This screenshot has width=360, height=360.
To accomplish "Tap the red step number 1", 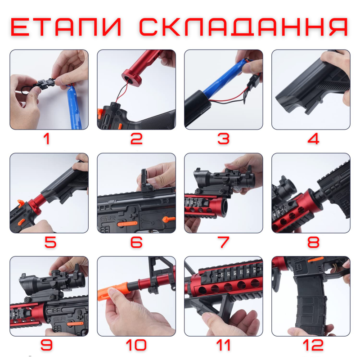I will point(47,139).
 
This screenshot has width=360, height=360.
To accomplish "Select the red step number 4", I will point(313,139).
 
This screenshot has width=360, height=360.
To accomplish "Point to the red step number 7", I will point(224,242).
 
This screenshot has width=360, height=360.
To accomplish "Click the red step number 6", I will point(136,242).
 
